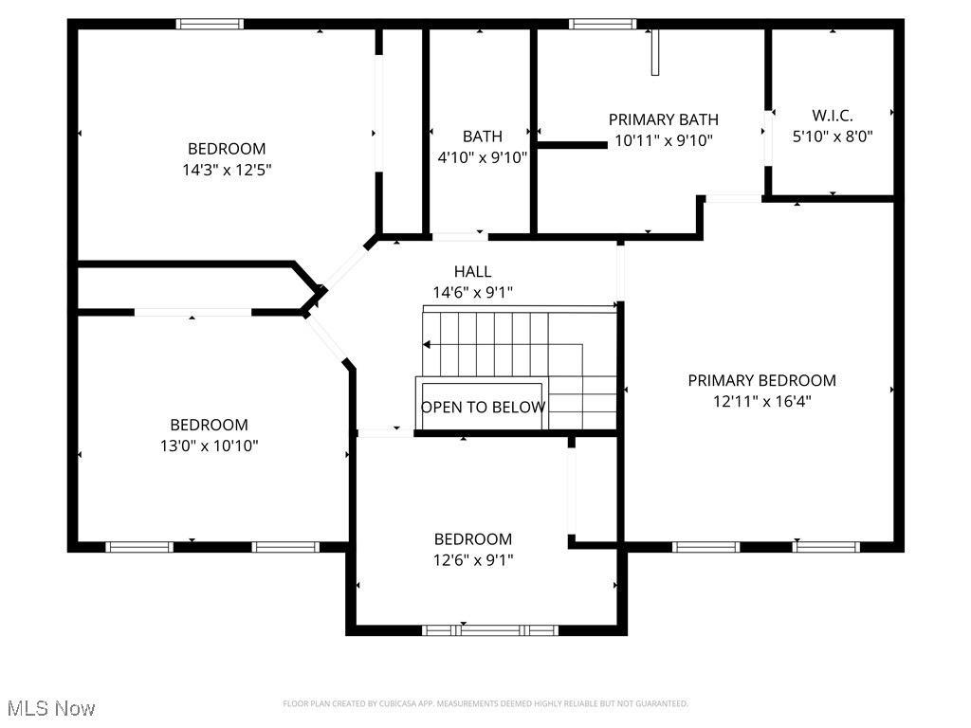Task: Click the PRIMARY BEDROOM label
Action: point(761,380)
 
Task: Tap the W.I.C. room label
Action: point(832,115)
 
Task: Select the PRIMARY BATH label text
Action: point(663,119)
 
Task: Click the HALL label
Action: point(472,272)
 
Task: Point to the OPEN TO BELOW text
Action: point(483,408)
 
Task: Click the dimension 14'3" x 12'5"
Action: point(227,170)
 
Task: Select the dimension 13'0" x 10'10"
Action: point(209,446)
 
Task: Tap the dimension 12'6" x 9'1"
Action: point(472,559)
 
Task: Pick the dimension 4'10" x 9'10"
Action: point(482,157)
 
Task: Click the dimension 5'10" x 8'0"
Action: point(832,136)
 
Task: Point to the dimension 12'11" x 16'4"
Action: point(761,401)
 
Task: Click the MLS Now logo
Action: point(50,708)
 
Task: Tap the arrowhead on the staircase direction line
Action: point(427,344)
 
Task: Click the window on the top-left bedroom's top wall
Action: point(211,24)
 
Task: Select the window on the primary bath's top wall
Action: point(601,24)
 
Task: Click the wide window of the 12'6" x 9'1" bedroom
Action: point(489,629)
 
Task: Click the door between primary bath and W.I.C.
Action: point(767,138)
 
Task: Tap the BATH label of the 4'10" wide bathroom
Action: point(482,136)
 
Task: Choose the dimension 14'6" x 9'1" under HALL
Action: point(472,293)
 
